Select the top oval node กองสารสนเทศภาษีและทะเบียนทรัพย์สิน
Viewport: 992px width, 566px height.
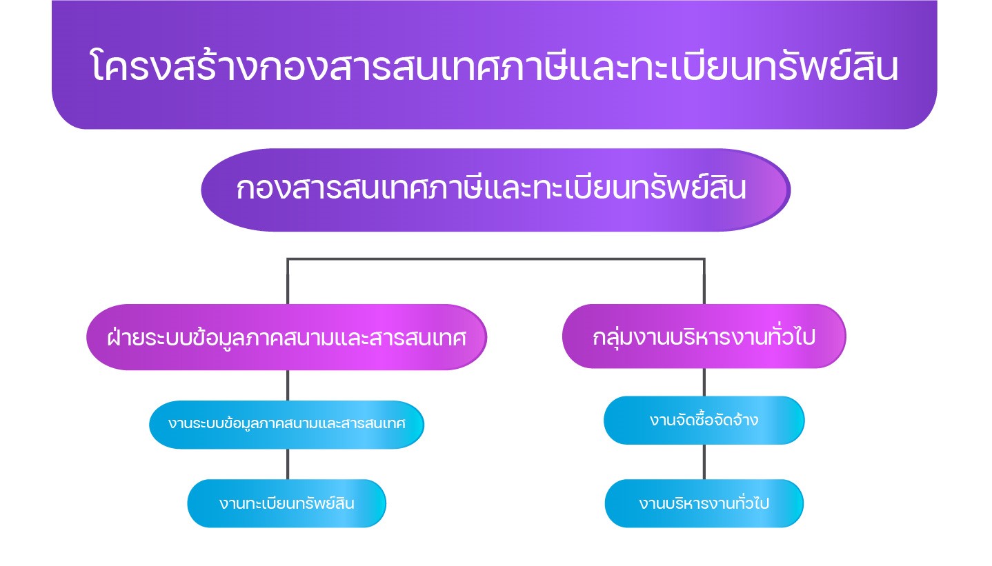click(x=495, y=190)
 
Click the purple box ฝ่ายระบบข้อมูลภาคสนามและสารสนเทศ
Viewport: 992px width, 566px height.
click(x=286, y=338)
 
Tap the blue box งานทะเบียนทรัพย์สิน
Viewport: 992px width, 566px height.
click(x=286, y=503)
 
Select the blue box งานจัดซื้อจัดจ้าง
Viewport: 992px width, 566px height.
click(x=704, y=420)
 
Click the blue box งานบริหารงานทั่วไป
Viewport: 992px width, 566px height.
click(x=704, y=503)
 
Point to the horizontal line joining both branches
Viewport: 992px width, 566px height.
click(x=495, y=259)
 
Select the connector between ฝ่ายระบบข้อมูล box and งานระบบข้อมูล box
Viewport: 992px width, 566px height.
click(x=288, y=385)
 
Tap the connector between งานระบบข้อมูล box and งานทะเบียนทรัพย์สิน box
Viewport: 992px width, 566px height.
click(x=288, y=464)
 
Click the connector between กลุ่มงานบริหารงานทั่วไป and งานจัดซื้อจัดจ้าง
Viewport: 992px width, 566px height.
click(x=704, y=382)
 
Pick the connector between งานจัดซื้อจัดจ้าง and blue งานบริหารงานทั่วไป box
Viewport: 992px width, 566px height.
click(x=704, y=462)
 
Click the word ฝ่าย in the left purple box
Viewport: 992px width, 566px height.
click(x=124, y=338)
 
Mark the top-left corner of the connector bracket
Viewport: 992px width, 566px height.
click(x=288, y=259)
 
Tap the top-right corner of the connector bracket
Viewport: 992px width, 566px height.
click(x=704, y=259)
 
